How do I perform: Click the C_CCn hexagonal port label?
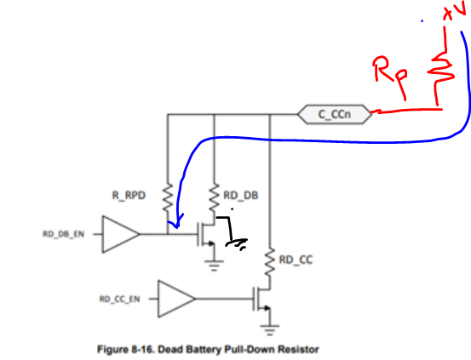(335, 114)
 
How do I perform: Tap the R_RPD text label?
(129, 196)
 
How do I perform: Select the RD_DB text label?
(241, 196)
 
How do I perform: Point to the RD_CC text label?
(296, 260)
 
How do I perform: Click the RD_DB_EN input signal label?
(63, 234)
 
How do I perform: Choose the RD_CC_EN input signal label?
(119, 299)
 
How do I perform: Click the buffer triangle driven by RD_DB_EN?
(121, 234)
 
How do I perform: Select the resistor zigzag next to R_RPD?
(168, 197)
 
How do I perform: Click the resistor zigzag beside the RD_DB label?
(214, 197)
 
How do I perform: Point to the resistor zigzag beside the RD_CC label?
(270, 261)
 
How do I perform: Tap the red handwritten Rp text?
(390, 75)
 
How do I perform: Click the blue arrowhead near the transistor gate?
(176, 223)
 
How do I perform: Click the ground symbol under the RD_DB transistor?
(214, 266)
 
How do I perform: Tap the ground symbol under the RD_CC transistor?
(270, 330)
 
